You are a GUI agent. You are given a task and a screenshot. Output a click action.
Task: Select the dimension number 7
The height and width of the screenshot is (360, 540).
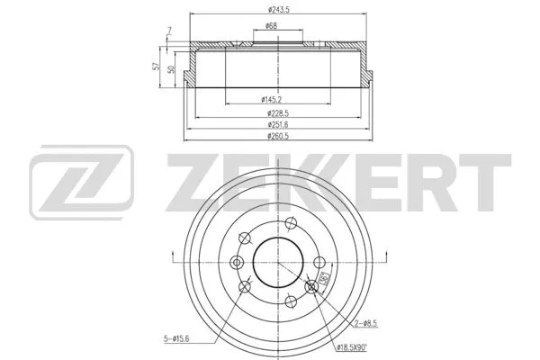tap(168, 32)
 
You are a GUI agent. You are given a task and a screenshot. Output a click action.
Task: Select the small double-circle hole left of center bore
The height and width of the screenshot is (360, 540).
tap(238, 262)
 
